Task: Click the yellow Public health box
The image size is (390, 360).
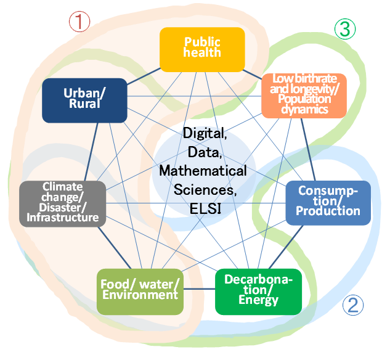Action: pyautogui.click(x=202, y=49)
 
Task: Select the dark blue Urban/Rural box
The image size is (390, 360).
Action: pyautogui.click(x=84, y=100)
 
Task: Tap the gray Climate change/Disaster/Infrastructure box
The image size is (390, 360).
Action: pyautogui.click(x=63, y=204)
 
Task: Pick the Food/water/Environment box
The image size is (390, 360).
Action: pyautogui.click(x=140, y=292)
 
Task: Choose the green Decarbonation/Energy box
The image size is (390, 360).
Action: pyautogui.click(x=258, y=292)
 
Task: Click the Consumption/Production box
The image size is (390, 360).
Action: pyautogui.click(x=328, y=203)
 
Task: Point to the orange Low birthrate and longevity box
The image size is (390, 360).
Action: pyautogui.click(x=304, y=96)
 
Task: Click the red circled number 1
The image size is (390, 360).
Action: pyautogui.click(x=79, y=22)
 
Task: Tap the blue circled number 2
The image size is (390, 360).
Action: pyautogui.click(x=353, y=305)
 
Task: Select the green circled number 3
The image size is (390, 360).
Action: pyautogui.click(x=345, y=29)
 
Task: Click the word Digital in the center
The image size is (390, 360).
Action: pyautogui.click(x=205, y=133)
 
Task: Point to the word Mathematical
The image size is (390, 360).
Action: pyautogui.click(x=203, y=171)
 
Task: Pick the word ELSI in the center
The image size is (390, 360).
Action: pyautogui.click(x=205, y=208)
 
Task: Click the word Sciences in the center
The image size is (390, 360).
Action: pyautogui.click(x=205, y=190)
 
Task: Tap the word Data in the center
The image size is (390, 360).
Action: pyautogui.click(x=205, y=152)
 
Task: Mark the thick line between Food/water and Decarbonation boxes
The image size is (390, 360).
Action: pyautogui.click(x=199, y=289)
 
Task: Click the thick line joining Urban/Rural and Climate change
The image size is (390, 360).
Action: pyautogui.click(x=91, y=152)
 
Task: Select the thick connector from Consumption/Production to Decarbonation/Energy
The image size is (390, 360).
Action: pyautogui.click(x=286, y=247)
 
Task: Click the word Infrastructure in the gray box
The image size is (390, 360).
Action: pyautogui.click(x=63, y=218)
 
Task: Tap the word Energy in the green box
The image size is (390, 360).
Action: pyautogui.click(x=258, y=300)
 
